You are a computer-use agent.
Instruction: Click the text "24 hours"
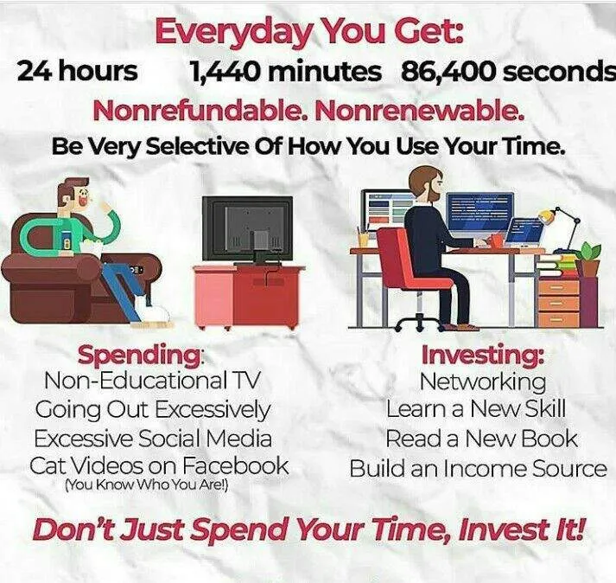(78, 71)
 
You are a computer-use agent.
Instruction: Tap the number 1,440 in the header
(224, 72)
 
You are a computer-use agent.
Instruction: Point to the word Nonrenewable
(420, 112)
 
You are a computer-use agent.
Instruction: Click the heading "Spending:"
(141, 356)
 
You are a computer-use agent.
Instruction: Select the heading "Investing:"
(483, 355)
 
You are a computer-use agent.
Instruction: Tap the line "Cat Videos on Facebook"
(159, 465)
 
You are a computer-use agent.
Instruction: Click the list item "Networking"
(483, 381)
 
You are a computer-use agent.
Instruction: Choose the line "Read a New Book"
(481, 439)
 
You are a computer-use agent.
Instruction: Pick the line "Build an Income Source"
(478, 468)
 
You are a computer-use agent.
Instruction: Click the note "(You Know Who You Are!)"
(146, 484)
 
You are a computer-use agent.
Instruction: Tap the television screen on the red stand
(247, 229)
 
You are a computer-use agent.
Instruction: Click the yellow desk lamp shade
(546, 215)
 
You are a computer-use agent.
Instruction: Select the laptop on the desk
(524, 235)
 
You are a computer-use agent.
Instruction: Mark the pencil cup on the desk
(364, 237)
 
